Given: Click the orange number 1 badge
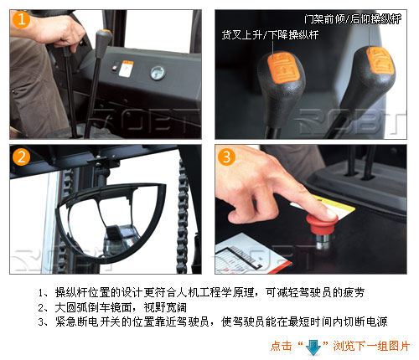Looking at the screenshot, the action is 21,19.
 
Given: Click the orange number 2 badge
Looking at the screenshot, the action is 21,157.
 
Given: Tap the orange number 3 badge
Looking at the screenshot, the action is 226,157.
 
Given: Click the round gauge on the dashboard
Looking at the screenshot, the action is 158,73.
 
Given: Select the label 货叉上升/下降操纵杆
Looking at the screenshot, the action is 270,35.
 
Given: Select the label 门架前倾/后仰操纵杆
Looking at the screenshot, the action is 353,18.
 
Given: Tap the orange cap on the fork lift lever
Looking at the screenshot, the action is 283,68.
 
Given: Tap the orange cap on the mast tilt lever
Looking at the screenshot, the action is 380,60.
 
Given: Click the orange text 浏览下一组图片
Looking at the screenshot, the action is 371,346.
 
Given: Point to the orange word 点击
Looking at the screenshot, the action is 281,346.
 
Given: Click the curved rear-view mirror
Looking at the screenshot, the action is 111,222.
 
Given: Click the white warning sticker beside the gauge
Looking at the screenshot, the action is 126,69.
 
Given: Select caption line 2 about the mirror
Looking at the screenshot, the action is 112,307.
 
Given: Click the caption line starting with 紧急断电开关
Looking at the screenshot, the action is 213,321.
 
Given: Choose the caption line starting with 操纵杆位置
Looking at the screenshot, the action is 201,292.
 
